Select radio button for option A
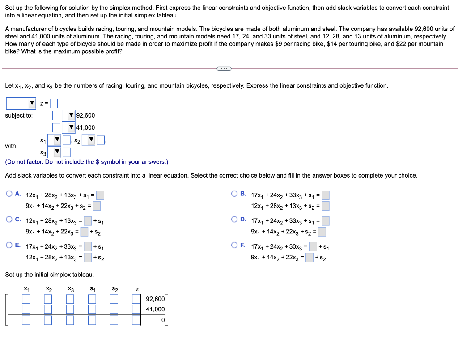coord(9,194)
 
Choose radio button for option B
coord(234,194)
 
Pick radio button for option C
coord(9,220)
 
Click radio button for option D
coord(234,220)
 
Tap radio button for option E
coord(9,245)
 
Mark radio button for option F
coord(234,245)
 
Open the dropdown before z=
coord(21,103)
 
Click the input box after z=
coord(54,103)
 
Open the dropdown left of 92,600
coord(68,115)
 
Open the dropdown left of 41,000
coord(68,127)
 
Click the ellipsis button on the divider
coord(223,68)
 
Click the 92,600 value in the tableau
coord(155,299)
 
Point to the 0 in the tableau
coord(163,320)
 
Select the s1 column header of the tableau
coord(92,289)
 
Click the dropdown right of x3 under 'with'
coord(57,152)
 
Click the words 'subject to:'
coord(19,115)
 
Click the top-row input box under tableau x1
coord(26,299)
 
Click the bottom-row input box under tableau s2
coord(114,320)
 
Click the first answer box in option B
coord(325,195)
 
